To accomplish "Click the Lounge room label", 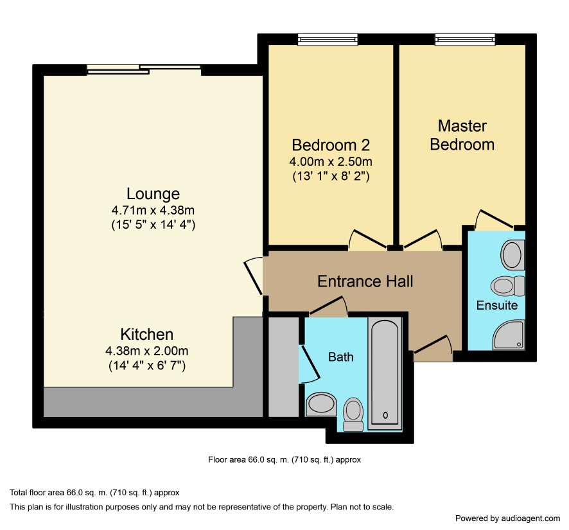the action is point(153,194).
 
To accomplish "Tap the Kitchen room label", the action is point(147,334).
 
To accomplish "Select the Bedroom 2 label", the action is point(331,145).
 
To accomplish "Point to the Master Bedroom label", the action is point(462,135).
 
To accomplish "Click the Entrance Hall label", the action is point(365,281).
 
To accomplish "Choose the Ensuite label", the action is point(497,305).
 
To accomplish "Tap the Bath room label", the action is point(341,357).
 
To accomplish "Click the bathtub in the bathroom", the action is point(385,373).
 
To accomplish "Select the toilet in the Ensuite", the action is point(508,286).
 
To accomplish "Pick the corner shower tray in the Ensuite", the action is point(509,335).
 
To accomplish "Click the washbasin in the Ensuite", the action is point(512,255).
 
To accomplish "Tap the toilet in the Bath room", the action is point(353,414).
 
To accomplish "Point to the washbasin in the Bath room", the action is point(322,404).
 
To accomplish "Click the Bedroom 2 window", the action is point(328,40).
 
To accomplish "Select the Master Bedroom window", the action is point(465,40).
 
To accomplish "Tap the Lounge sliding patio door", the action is point(144,69).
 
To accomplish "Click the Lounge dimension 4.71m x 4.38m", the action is point(153,210).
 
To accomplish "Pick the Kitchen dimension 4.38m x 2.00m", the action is point(147,351).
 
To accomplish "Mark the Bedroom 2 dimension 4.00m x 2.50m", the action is point(331,161).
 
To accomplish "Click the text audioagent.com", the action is point(530,518).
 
